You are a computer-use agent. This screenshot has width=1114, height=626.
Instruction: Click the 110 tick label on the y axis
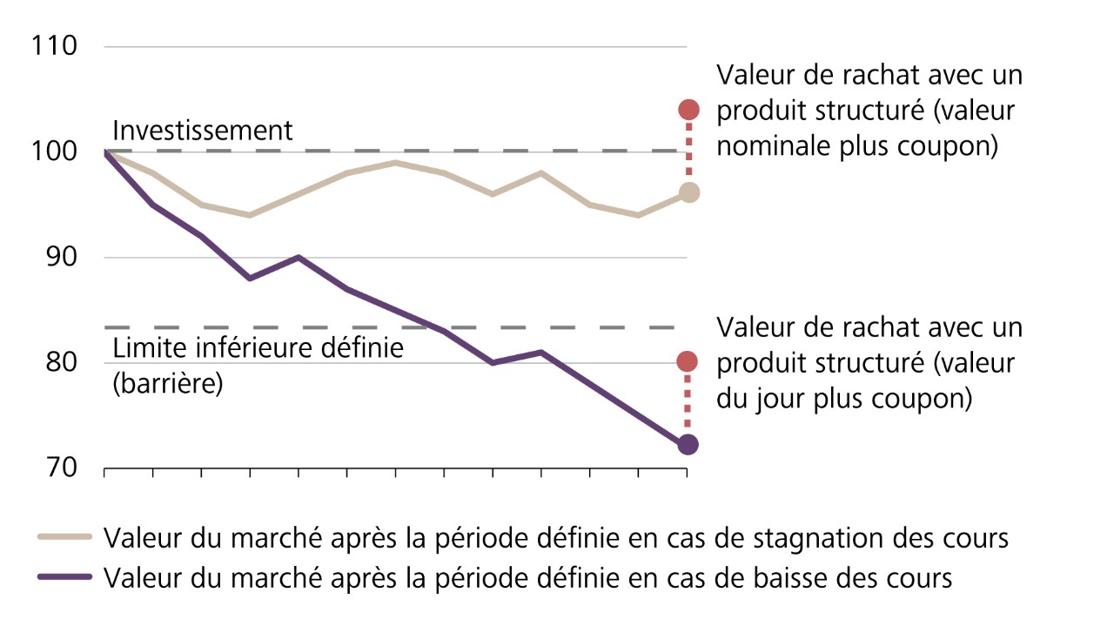coord(53,45)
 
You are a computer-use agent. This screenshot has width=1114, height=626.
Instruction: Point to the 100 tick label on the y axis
coord(53,151)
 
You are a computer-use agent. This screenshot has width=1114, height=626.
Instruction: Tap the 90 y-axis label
coord(60,258)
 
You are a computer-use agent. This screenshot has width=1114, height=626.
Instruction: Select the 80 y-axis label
coord(60,362)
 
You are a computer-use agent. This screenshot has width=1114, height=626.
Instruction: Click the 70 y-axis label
coord(60,468)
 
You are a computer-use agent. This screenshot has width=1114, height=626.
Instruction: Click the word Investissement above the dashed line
coord(203,131)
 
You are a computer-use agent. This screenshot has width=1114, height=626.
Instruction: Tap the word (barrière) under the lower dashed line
coord(168,383)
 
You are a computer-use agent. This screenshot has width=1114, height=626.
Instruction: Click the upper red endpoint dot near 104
coord(688,110)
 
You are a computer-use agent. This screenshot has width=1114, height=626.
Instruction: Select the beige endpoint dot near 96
coord(688,192)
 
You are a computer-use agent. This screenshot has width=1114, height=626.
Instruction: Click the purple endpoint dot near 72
coord(688,445)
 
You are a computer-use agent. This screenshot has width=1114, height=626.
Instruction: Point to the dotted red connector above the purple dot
coord(688,403)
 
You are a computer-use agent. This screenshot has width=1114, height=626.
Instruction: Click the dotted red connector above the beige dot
coord(688,151)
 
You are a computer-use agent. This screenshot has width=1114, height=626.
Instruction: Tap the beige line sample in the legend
coord(65,537)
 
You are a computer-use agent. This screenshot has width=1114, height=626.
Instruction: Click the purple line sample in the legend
coord(65,576)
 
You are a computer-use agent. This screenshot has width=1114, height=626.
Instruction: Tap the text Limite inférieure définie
coord(258,350)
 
